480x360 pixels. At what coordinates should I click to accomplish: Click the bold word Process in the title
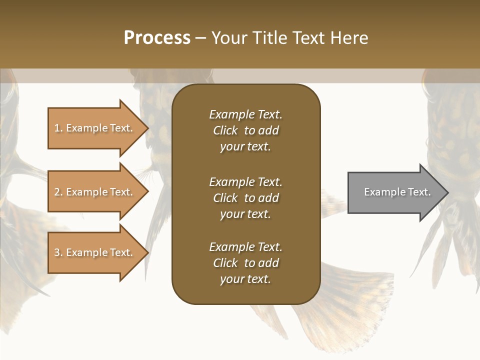(157, 38)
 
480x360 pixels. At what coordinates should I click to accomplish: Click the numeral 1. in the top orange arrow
(58, 128)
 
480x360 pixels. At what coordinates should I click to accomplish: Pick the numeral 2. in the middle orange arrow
(58, 192)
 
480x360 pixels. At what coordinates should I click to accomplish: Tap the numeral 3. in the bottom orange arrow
(58, 252)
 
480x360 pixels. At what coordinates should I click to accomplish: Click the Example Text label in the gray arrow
(397, 192)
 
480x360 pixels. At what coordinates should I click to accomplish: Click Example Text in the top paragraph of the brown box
(245, 114)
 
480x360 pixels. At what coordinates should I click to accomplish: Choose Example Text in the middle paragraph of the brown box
(245, 182)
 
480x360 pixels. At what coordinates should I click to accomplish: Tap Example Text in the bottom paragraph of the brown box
(245, 247)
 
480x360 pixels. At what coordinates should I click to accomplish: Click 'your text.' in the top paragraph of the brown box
(245, 147)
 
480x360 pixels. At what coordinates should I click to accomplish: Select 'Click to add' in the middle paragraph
(245, 198)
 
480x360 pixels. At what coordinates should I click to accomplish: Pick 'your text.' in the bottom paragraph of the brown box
(245, 279)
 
